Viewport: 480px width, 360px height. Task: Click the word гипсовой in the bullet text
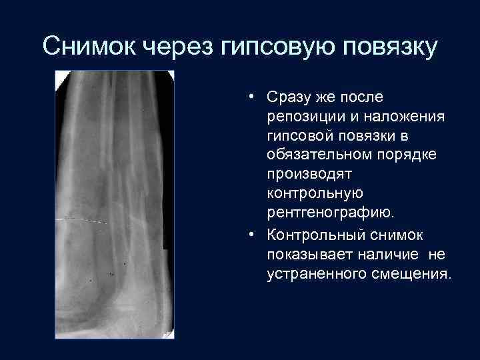(299, 137)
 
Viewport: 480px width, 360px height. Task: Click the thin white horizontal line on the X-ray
(83, 220)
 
